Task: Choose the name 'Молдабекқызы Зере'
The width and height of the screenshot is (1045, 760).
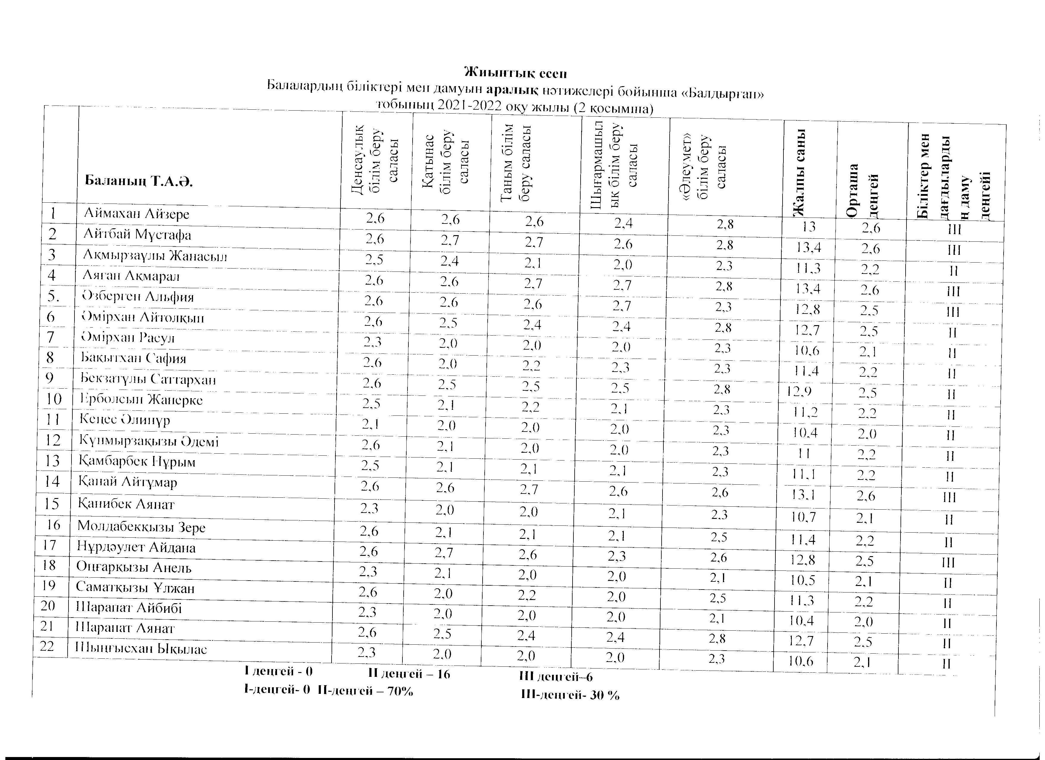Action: click(141, 526)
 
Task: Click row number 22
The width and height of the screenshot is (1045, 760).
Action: click(47, 646)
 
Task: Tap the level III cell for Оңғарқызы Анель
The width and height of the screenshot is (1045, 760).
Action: click(948, 562)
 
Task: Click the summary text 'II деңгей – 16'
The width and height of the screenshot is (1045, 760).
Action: click(409, 674)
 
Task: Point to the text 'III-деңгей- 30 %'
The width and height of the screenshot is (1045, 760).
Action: click(570, 695)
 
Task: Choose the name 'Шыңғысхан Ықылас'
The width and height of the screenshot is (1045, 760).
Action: click(141, 649)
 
